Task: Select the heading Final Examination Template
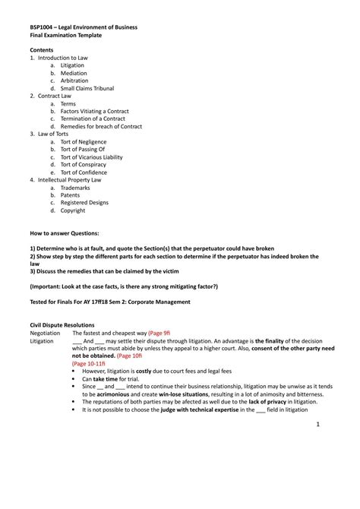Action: pyautogui.click(x=65, y=35)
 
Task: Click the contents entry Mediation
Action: pyautogui.click(x=74, y=73)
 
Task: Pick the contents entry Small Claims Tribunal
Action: pyautogui.click(x=87, y=88)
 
